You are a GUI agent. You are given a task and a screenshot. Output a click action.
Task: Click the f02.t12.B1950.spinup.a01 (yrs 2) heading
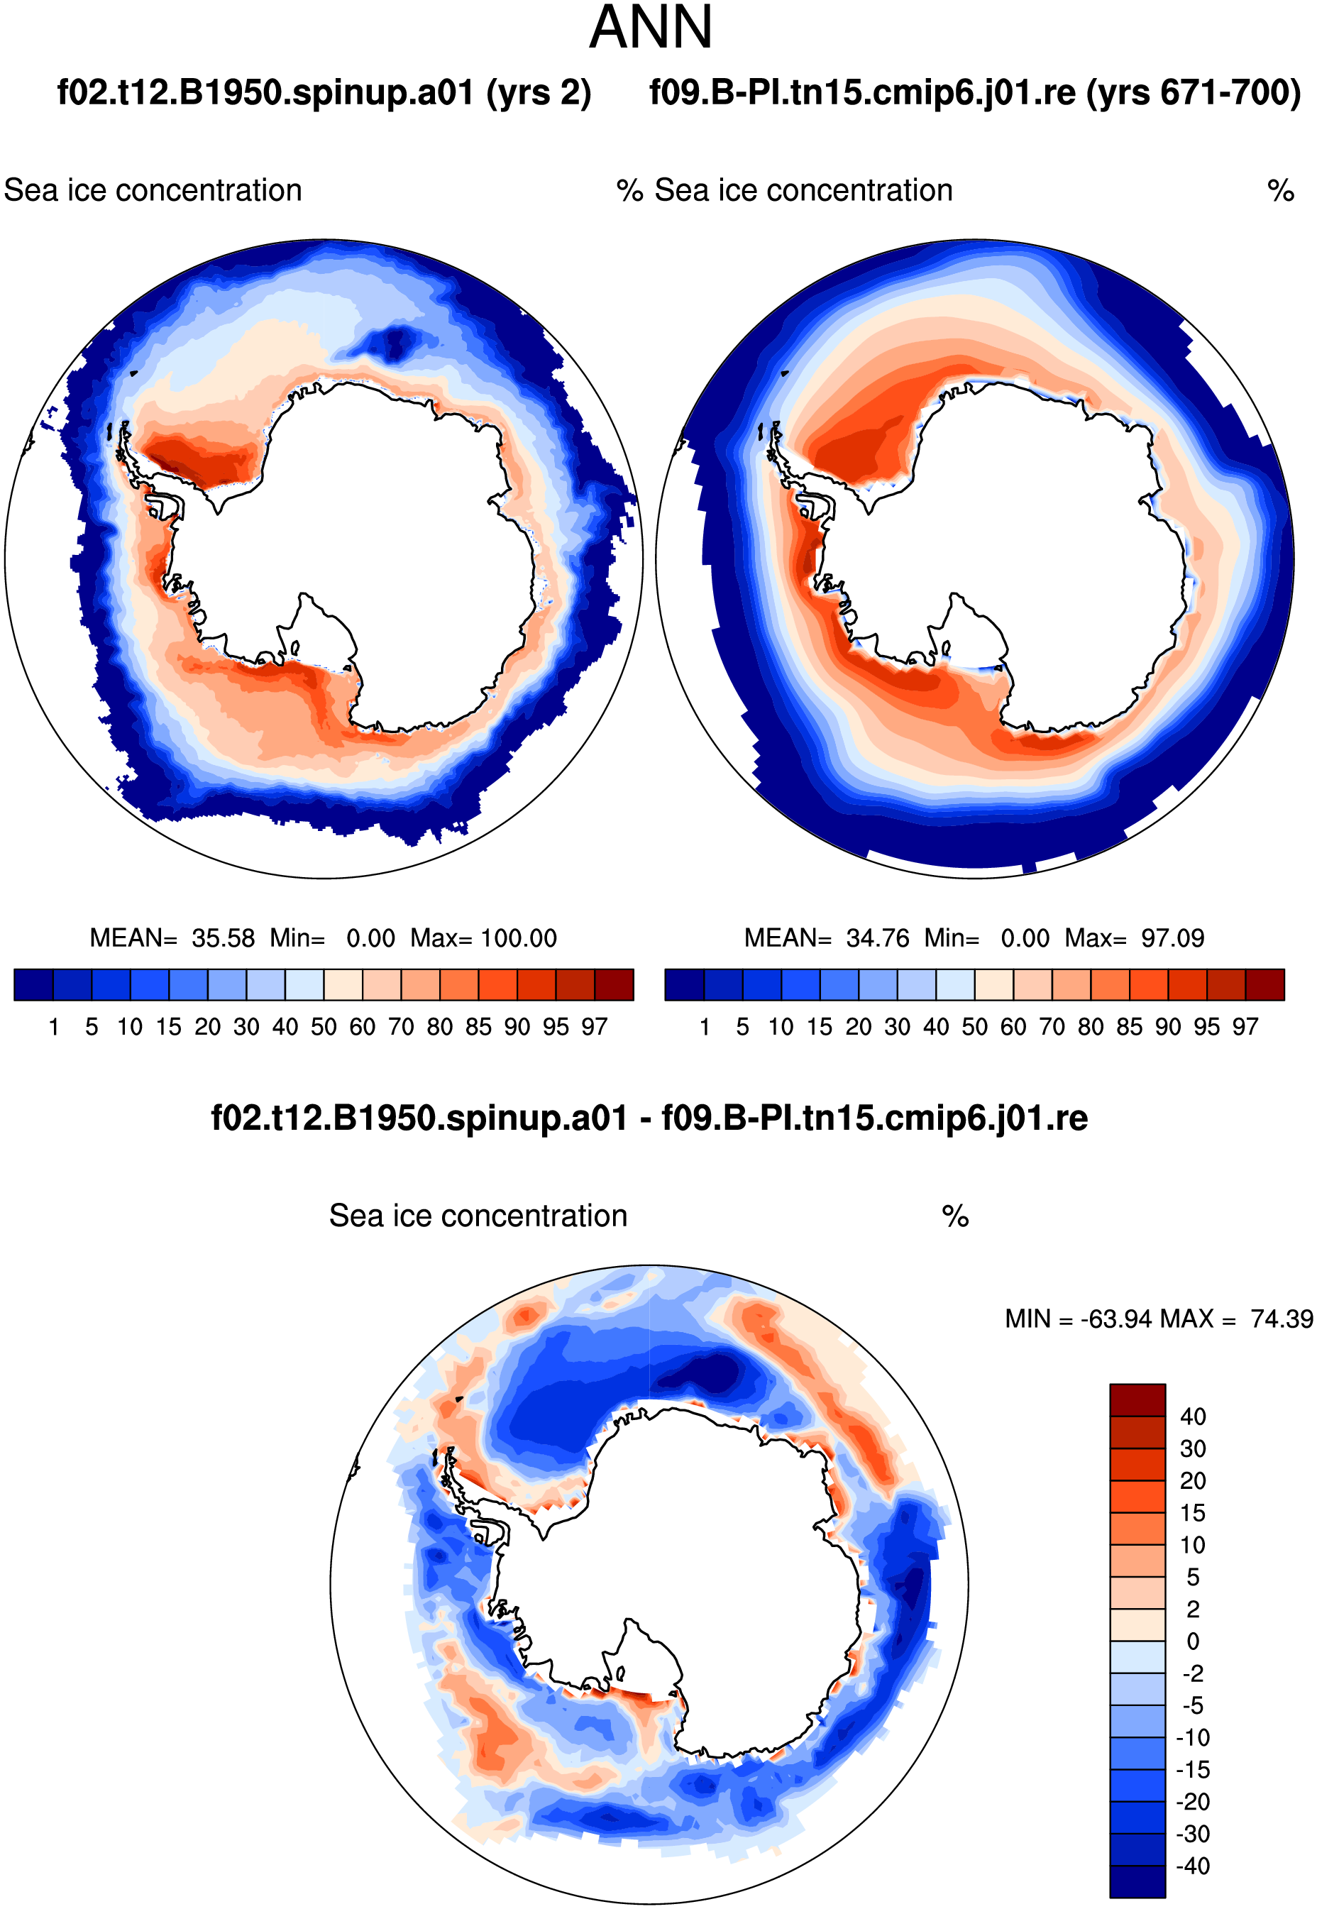coord(324,92)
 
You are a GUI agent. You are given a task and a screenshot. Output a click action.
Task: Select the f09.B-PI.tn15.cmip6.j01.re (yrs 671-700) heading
coord(976,92)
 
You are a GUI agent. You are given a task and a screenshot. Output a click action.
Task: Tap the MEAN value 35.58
coord(224,937)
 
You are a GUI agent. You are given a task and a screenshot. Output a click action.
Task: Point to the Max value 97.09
coord(1172,937)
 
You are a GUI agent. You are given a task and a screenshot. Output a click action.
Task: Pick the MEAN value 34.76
coord(878,937)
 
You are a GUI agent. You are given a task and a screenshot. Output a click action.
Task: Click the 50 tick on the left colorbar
coord(324,1027)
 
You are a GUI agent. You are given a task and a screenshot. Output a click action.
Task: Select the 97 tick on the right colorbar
coord(1245,1027)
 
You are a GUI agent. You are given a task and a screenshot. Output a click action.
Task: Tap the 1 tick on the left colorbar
coord(54,1027)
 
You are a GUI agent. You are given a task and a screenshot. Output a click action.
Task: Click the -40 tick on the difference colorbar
coord(1192,1865)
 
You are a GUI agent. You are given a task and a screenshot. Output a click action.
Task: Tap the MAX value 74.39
coord(1282,1319)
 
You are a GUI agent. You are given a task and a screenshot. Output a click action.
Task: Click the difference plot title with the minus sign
coord(649,1118)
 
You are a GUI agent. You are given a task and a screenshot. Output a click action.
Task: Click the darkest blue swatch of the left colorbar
coord(34,984)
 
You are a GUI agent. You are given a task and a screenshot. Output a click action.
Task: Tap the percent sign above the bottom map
coord(954,1216)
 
